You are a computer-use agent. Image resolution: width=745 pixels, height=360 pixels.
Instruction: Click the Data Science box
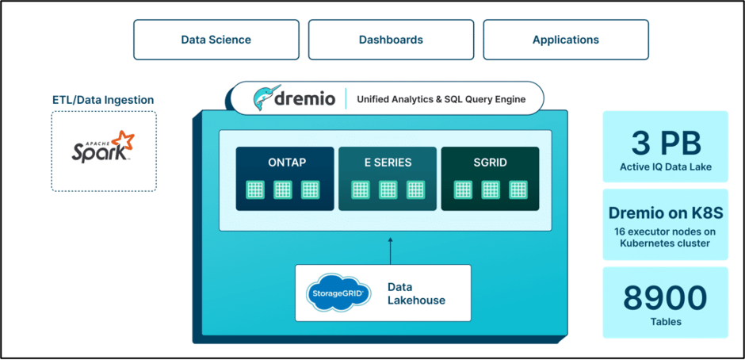(216, 40)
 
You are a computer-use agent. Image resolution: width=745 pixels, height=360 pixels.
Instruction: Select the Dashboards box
(391, 40)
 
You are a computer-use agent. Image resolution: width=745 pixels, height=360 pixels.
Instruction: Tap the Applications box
(565, 40)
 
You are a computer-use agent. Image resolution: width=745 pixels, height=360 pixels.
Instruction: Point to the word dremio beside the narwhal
(309, 100)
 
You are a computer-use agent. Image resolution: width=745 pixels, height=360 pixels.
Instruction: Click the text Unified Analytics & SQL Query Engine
(440, 100)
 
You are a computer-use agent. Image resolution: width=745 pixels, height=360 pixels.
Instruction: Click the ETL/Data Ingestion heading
(103, 100)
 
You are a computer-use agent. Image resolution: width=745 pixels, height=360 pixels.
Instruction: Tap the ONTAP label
(287, 163)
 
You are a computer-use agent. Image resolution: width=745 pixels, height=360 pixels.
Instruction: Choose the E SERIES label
(388, 163)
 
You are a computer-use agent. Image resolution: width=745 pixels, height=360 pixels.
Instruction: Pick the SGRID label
(490, 163)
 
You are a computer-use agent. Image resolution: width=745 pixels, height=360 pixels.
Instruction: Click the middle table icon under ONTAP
(283, 190)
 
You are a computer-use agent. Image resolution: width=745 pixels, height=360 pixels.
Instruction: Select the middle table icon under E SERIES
(388, 190)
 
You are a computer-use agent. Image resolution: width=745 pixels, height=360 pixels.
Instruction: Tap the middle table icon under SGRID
(491, 190)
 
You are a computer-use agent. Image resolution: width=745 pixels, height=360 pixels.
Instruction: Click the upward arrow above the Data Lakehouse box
(390, 248)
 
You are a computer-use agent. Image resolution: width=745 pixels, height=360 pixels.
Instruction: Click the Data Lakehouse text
(416, 293)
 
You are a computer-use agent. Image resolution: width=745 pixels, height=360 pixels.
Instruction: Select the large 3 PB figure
(666, 144)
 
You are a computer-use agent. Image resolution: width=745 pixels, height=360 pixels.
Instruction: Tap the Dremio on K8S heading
(666, 213)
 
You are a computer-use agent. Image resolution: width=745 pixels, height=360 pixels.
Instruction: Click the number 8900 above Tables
(666, 297)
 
